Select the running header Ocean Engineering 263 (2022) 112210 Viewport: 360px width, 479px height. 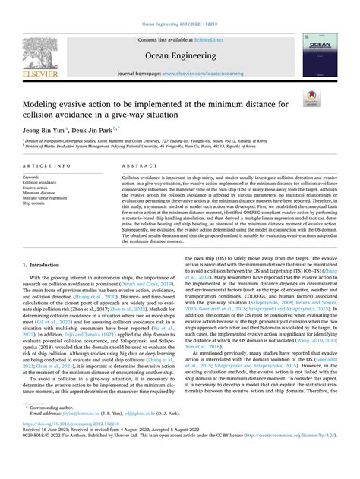tap(180, 5)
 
